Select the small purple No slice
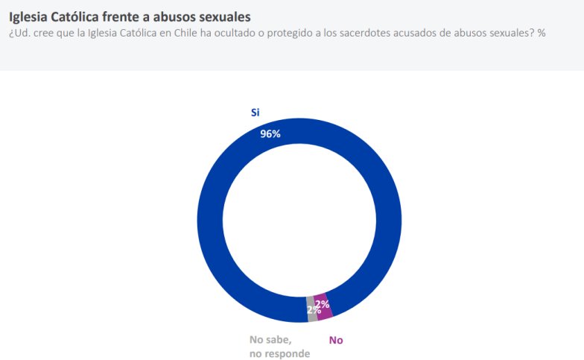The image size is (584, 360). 324,305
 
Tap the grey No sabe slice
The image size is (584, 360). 312,312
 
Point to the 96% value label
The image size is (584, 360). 270,134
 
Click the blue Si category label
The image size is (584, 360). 255,113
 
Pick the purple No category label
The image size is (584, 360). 336,340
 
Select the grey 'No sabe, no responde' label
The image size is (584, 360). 279,347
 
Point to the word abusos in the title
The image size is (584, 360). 177,16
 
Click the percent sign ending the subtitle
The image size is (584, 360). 542,33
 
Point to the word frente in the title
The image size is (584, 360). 127,16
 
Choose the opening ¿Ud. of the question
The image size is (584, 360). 18,33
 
